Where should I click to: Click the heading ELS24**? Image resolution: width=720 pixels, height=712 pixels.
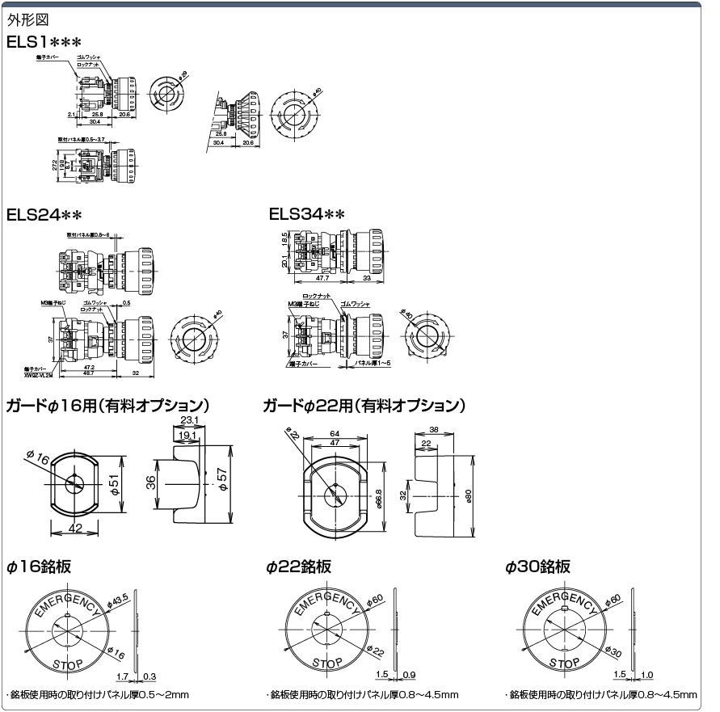coord(44,215)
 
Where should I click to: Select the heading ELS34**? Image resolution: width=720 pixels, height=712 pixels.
coord(307,215)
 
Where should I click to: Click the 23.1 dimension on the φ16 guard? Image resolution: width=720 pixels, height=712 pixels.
coord(190,420)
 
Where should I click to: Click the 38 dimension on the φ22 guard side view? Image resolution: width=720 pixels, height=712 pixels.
coord(434,430)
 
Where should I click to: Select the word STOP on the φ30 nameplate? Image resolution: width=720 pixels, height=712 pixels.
coord(565,662)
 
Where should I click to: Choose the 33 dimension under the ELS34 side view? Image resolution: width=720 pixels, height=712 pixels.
coord(368,277)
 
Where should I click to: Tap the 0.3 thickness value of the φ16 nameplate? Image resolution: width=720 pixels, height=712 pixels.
coord(149,676)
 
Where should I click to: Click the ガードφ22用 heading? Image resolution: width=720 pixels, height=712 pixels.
coord(364,405)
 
